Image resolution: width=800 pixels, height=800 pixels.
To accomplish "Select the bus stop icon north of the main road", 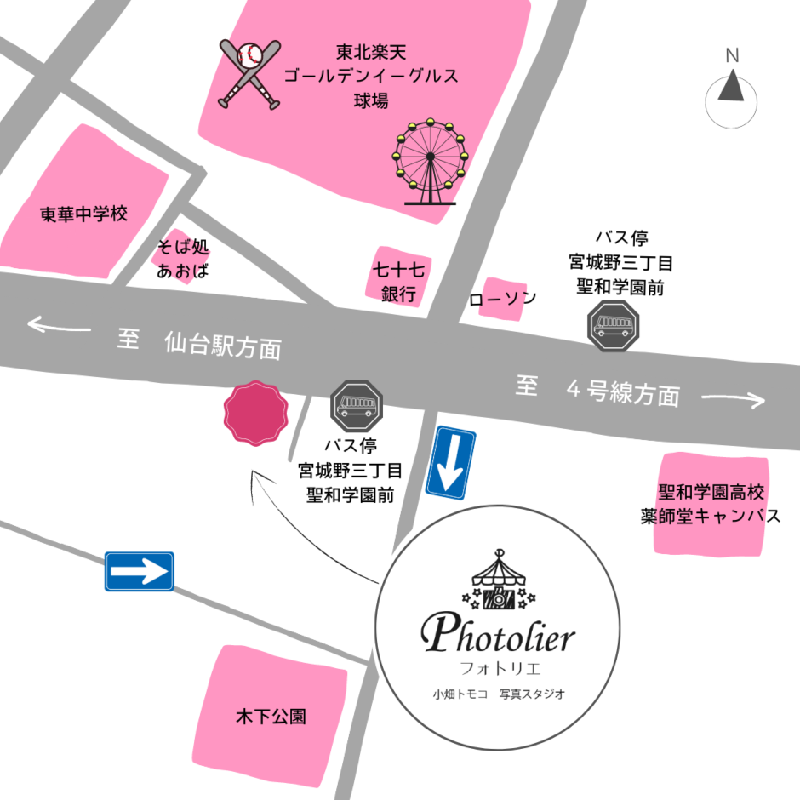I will (612, 325).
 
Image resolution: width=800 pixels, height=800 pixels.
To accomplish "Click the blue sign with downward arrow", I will (450, 463).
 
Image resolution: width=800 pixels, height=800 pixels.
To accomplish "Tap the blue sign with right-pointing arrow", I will (140, 572).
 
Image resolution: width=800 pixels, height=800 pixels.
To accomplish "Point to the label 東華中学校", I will (83, 214).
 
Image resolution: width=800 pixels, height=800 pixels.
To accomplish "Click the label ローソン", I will (502, 299).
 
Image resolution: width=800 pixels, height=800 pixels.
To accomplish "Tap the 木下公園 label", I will (271, 717).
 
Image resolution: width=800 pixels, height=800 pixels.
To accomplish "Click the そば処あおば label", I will (182, 260).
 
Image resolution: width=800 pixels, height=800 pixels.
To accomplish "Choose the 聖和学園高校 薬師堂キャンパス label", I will (711, 505).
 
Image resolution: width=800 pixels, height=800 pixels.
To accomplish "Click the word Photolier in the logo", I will (499, 634).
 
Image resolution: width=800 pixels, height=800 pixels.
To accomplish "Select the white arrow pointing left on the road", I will (59, 325).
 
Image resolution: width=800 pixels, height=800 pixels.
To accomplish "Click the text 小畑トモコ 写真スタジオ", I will (499, 694).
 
